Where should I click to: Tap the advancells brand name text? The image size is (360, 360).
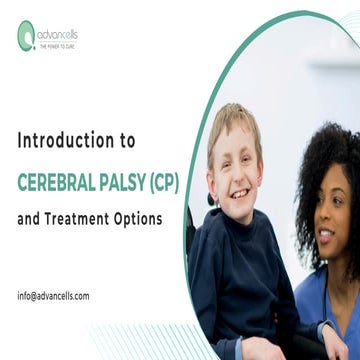[58, 35]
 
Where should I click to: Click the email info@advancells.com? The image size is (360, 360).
[53, 296]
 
